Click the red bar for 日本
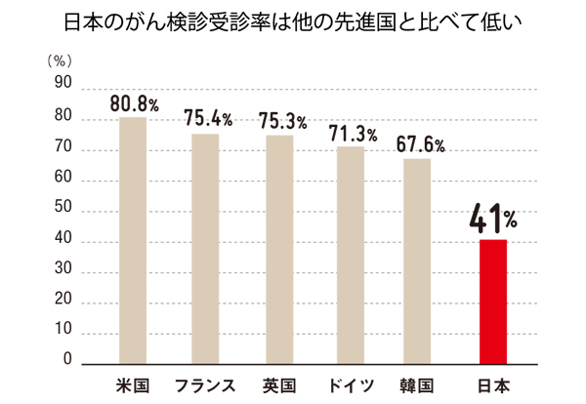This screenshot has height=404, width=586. click(493, 301)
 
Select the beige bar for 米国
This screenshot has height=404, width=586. click(133, 240)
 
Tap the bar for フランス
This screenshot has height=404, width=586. click(205, 249)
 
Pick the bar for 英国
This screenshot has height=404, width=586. click(279, 249)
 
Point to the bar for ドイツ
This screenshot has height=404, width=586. click(351, 255)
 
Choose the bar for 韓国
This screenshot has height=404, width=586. click(417, 261)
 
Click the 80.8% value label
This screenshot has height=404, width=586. click(134, 102)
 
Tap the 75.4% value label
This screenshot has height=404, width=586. click(208, 119)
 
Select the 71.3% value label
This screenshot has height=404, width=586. click(353, 133)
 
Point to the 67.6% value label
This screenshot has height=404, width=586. click(421, 144)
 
